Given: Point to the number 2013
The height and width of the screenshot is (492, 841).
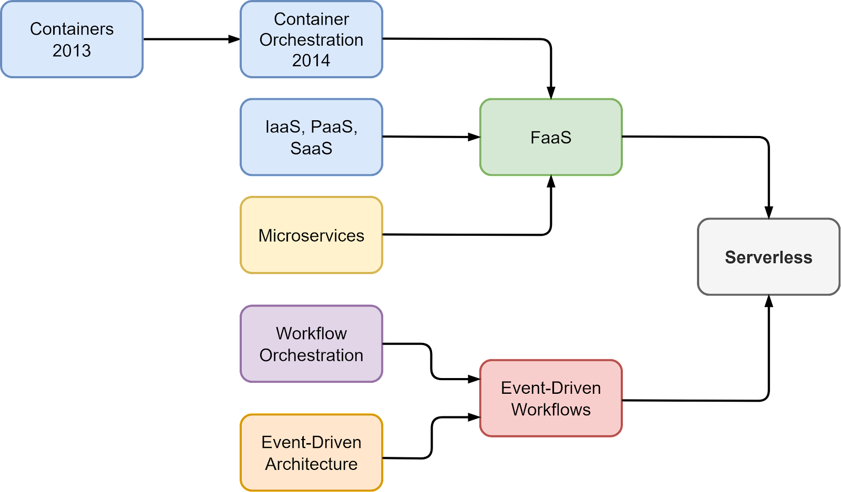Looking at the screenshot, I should pos(71,51).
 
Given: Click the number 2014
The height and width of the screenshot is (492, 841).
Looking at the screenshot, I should pos(311,60).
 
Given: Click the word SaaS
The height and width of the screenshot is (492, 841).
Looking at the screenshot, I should pos(311,149).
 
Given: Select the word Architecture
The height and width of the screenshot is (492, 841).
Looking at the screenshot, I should pos(311,464).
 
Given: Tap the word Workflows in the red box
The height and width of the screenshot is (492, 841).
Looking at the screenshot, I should pos(551,410).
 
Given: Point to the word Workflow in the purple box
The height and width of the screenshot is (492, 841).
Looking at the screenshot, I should pos(311,333).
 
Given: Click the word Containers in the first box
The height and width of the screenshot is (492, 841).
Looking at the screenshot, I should pos(71,29).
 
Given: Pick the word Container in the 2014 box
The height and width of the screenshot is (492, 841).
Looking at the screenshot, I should pos(311,19).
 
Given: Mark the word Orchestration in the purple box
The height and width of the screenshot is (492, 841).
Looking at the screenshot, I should pos(311,355).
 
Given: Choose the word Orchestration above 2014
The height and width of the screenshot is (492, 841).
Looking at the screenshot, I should pos(311,40).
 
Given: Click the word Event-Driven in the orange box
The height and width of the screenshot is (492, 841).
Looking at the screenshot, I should pos(311,443).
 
